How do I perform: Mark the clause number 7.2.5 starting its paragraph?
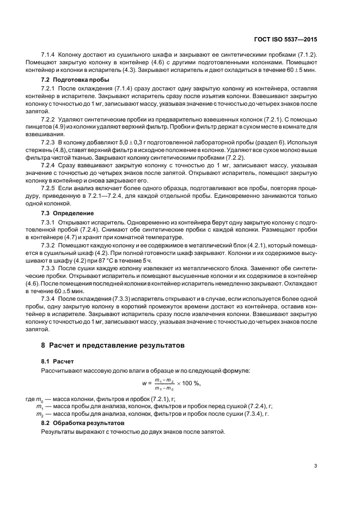(x=50, y=186)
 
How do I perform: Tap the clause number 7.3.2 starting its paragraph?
(x=50, y=246)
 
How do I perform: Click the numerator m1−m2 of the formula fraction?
(x=164, y=380)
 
